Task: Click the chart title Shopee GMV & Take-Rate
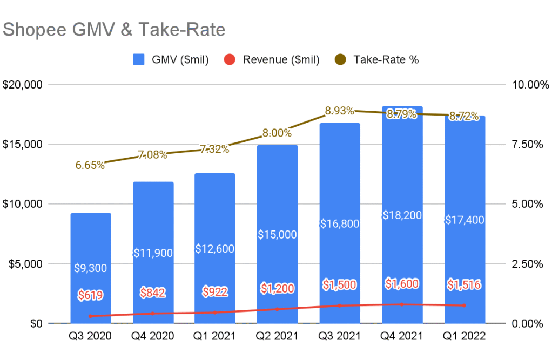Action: click(114, 30)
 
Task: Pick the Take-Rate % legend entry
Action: click(378, 59)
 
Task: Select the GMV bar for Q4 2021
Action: click(402, 162)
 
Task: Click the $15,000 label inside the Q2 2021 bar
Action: click(278, 234)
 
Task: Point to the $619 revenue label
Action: click(90, 295)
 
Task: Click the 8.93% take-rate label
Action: click(339, 111)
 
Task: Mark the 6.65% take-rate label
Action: click(90, 165)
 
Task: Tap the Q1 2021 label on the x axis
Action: click(215, 336)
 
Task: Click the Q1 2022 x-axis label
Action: click(465, 336)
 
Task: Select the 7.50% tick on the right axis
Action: click(527, 145)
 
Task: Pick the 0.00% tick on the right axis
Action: click(527, 323)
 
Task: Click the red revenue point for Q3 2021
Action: click(340, 305)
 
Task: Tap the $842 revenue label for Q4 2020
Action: click(153, 293)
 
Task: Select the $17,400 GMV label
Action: click(465, 220)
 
